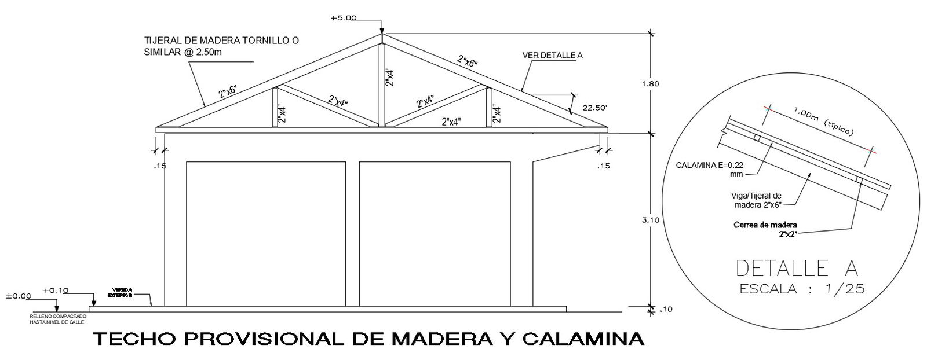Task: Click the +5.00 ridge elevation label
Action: (343, 18)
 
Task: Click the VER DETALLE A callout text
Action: (552, 56)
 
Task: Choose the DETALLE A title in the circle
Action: (797, 268)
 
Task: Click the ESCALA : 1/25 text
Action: (802, 289)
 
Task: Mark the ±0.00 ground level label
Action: (18, 296)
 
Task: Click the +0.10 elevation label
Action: (56, 290)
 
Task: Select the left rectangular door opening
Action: (266, 233)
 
